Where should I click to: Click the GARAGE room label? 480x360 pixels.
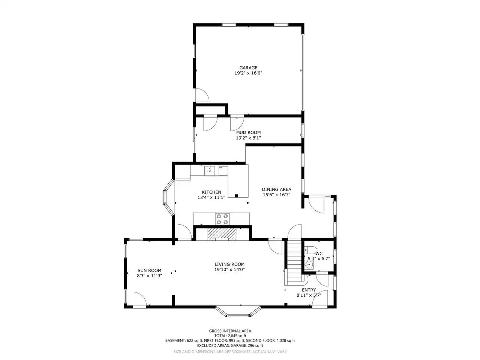(248, 68)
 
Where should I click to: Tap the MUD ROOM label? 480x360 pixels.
(248, 132)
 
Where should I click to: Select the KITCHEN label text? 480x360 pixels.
(211, 192)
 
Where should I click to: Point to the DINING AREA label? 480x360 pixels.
(276, 189)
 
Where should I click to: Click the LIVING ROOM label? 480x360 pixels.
(229, 264)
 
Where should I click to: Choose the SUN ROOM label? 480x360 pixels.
(149, 270)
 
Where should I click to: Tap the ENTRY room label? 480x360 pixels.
(309, 290)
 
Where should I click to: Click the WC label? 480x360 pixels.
(319, 253)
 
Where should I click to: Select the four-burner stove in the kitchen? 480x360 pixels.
(222, 219)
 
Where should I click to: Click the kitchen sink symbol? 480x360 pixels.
(210, 170)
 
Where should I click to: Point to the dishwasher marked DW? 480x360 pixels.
(223, 171)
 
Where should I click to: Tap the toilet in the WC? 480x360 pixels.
(310, 249)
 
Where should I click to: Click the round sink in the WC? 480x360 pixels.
(309, 265)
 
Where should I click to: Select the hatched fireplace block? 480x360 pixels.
(222, 234)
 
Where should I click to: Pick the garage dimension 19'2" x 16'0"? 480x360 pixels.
(248, 73)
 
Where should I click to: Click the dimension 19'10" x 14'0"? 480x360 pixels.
(229, 270)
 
